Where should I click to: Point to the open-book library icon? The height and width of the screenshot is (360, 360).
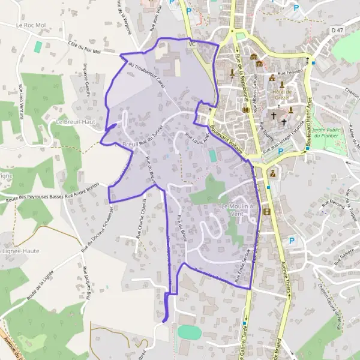(245, 110)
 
